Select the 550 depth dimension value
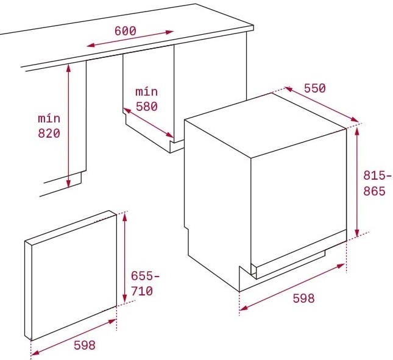tap(314, 88)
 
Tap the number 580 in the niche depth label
tap(146, 106)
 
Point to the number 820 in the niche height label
tap(49, 133)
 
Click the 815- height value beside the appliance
tap(374, 175)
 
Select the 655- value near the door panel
tap(145, 276)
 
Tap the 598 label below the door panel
tap(85, 345)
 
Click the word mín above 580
tap(146, 91)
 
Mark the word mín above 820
tap(49, 118)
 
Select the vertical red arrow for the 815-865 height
tap(358, 181)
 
